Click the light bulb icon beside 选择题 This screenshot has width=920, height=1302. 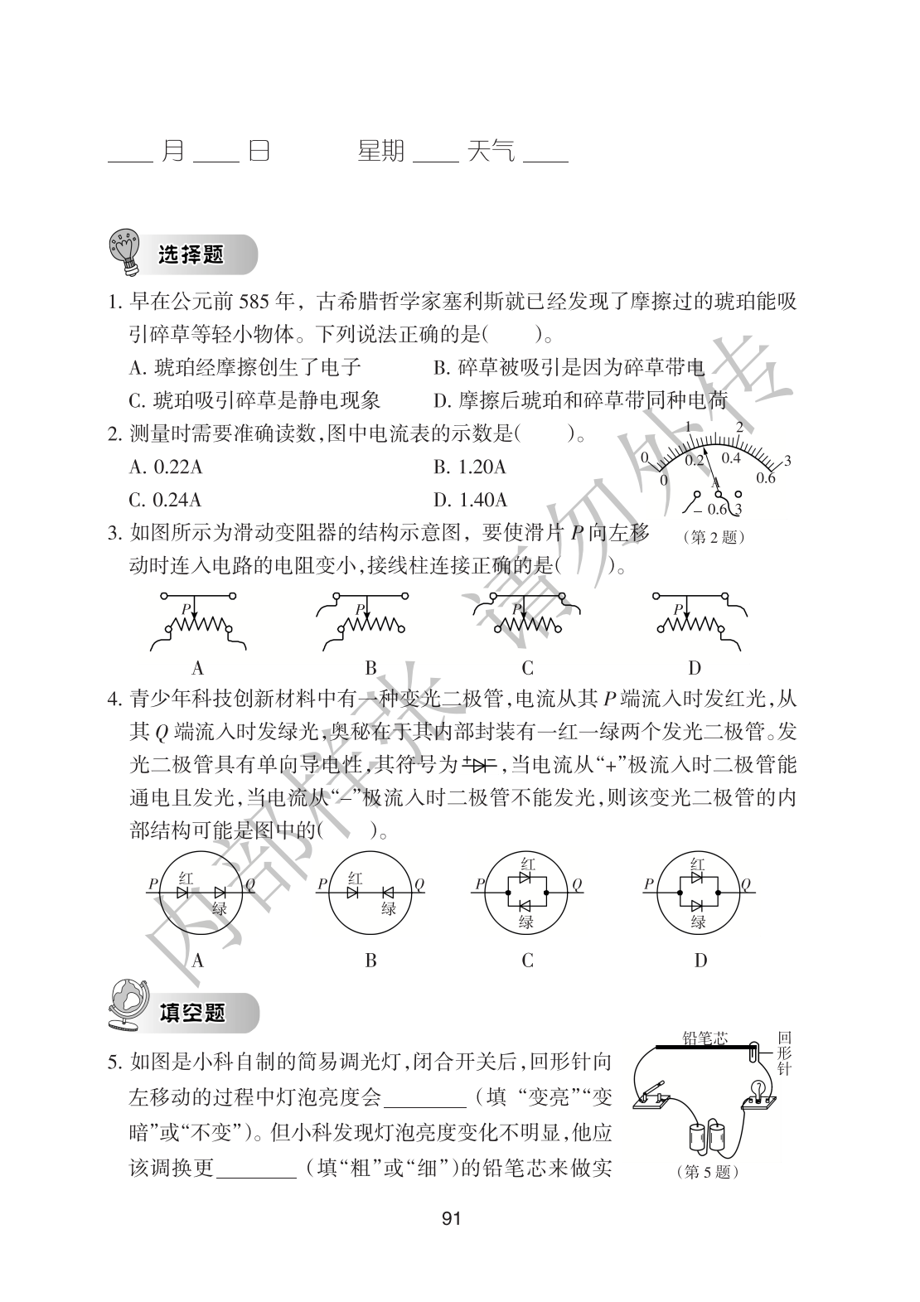(126, 252)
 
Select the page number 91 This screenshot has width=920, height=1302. (451, 1217)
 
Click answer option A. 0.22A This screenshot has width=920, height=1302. (166, 467)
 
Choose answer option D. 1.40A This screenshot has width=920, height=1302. (470, 500)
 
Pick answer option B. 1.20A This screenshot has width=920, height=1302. (470, 467)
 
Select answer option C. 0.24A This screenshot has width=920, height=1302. (166, 500)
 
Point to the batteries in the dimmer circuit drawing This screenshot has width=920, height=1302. (707, 1137)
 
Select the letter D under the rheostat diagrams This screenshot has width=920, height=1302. (695, 668)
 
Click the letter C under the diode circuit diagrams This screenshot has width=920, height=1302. (527, 961)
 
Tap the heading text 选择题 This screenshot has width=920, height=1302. (191, 254)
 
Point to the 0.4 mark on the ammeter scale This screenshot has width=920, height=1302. (730, 457)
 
